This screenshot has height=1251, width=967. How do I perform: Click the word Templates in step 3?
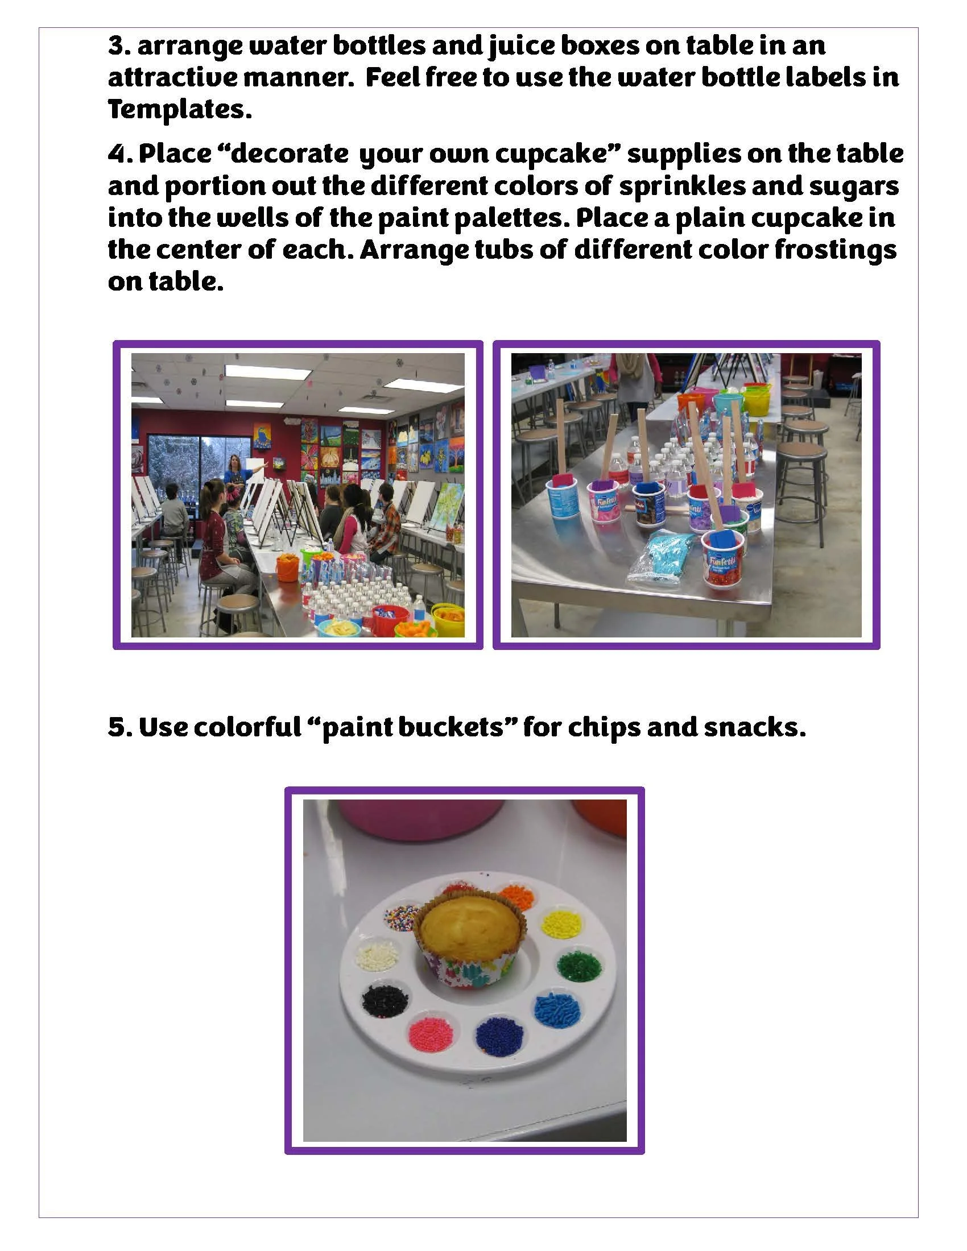(x=179, y=109)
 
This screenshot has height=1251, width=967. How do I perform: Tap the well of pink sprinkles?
(x=431, y=1034)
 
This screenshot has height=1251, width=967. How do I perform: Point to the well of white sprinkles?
(x=377, y=955)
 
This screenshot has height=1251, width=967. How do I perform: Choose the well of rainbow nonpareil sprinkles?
(x=402, y=918)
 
